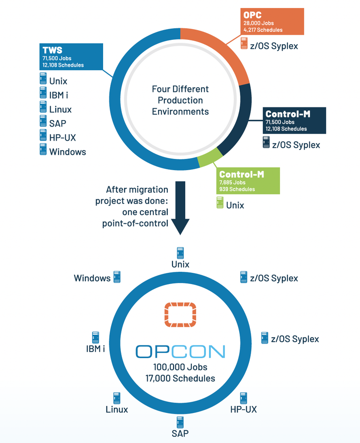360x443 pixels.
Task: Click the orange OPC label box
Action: (x=272, y=22)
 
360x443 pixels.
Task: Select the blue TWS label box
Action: (x=70, y=56)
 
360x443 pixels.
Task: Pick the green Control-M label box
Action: (x=247, y=181)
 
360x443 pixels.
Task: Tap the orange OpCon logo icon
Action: (x=180, y=315)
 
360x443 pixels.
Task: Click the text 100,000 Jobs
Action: (x=180, y=367)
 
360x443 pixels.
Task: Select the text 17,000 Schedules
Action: (x=180, y=378)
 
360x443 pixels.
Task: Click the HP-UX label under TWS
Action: (x=62, y=137)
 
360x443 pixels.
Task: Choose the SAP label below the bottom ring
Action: (x=180, y=433)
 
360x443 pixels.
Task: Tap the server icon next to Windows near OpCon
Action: (x=116, y=278)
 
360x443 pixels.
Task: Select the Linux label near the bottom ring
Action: (x=117, y=410)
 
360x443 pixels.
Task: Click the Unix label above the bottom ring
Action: (x=180, y=264)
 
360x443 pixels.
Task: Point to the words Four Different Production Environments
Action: (x=180, y=100)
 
